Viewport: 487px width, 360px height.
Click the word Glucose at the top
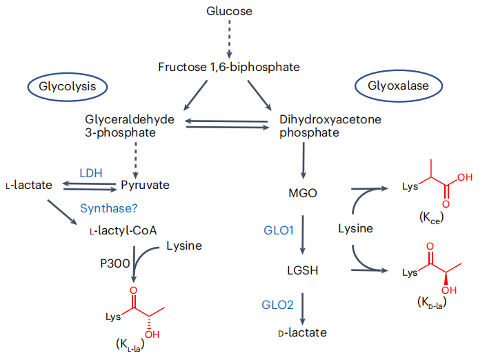pyautogui.click(x=229, y=11)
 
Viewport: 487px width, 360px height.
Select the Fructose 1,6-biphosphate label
pyautogui.click(x=229, y=67)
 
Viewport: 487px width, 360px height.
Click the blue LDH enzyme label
pyautogui.click(x=91, y=173)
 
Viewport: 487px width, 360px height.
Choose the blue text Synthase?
pyautogui.click(x=109, y=208)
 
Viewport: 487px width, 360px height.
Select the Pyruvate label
pyautogui.click(x=145, y=186)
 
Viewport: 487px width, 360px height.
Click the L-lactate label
pyautogui.click(x=29, y=185)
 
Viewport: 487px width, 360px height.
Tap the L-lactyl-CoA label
pyautogui.click(x=123, y=230)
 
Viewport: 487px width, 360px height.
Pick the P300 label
pyautogui.click(x=115, y=263)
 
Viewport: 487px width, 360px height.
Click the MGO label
pyautogui.click(x=303, y=193)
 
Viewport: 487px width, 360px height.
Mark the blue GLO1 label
pyautogui.click(x=279, y=230)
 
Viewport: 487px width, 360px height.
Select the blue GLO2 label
pyautogui.click(x=278, y=305)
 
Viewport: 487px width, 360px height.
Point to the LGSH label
pyautogui.click(x=303, y=270)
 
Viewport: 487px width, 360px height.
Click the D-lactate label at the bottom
pyautogui.click(x=303, y=332)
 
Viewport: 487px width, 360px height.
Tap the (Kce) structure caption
pyautogui.click(x=431, y=218)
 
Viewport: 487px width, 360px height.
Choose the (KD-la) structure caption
pyautogui.click(x=432, y=302)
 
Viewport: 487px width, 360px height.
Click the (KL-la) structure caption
pyautogui.click(x=130, y=344)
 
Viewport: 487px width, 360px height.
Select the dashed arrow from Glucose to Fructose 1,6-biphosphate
pyautogui.click(x=229, y=39)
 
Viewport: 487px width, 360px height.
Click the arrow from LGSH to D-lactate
pyautogui.click(x=303, y=309)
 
